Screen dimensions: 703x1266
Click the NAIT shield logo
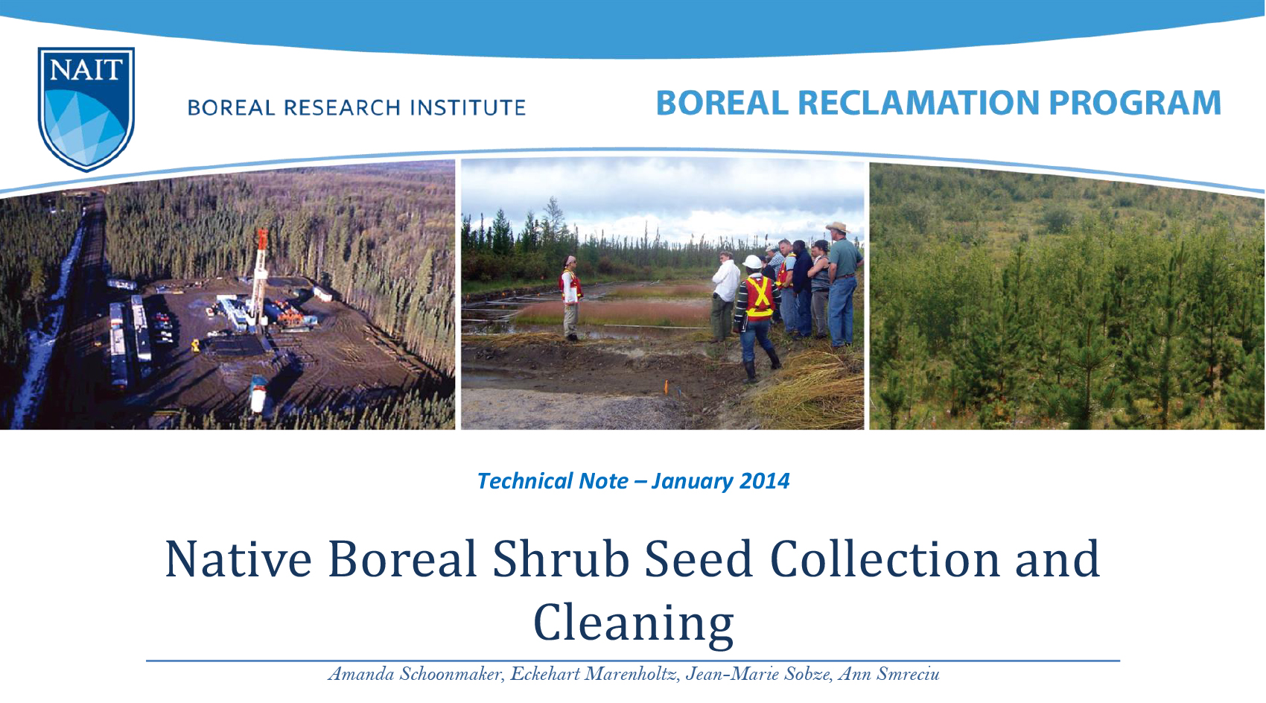(86, 108)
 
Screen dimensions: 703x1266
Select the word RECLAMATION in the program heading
(917, 103)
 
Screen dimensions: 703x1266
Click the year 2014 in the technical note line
(764, 481)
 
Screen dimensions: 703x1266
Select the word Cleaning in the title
(633, 623)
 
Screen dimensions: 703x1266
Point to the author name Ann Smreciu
(888, 674)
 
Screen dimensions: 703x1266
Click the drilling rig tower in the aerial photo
(260, 276)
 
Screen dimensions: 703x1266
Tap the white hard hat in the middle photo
(753, 262)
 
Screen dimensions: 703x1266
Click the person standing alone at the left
(570, 298)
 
